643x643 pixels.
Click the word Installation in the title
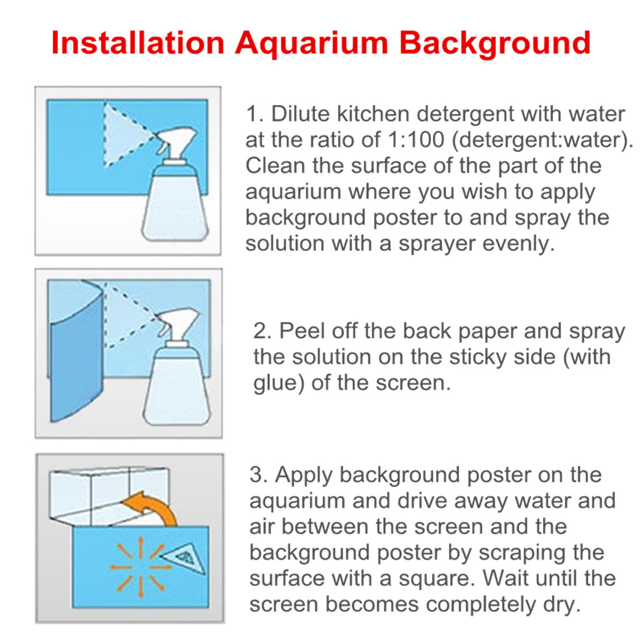click(138, 43)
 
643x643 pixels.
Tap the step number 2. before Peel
click(263, 332)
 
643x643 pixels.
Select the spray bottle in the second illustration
click(177, 375)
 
